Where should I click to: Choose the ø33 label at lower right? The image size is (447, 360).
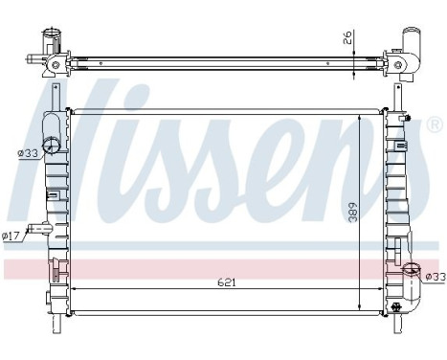click(x=434, y=278)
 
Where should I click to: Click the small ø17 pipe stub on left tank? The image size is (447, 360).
click(x=37, y=229)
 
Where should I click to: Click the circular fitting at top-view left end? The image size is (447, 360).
click(x=56, y=64)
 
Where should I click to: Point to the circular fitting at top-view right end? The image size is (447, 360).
click(x=403, y=64)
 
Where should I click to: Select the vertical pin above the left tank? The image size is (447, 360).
click(x=64, y=96)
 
